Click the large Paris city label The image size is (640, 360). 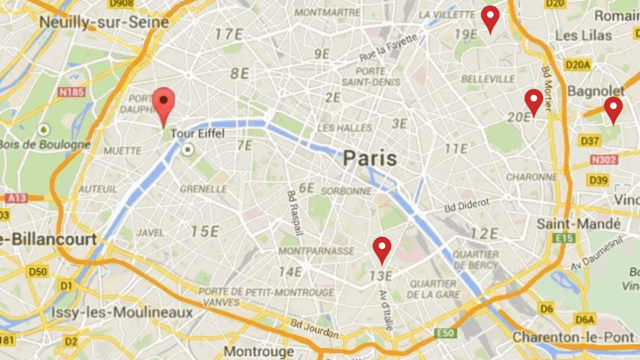pyautogui.click(x=369, y=158)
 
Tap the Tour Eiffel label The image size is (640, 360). pyautogui.click(x=199, y=134)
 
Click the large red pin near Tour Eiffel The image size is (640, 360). pyautogui.click(x=164, y=104)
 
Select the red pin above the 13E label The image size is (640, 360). pyautogui.click(x=382, y=248)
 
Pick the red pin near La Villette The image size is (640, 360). pyautogui.click(x=491, y=17)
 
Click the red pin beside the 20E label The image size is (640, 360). pyautogui.click(x=533, y=101)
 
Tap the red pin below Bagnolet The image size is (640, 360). pyautogui.click(x=613, y=108)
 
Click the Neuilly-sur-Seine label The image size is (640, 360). pyautogui.click(x=104, y=22)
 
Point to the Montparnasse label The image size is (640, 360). pyautogui.click(x=316, y=251)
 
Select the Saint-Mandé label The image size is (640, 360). pyautogui.click(x=579, y=223)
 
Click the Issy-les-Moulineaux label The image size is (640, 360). pyautogui.click(x=122, y=312)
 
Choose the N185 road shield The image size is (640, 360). pyautogui.click(x=71, y=92)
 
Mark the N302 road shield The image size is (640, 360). pyautogui.click(x=604, y=160)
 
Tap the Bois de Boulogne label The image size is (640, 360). pyautogui.click(x=45, y=144)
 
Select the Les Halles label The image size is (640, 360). pyautogui.click(x=344, y=127)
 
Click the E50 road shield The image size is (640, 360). pyautogui.click(x=445, y=333)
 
